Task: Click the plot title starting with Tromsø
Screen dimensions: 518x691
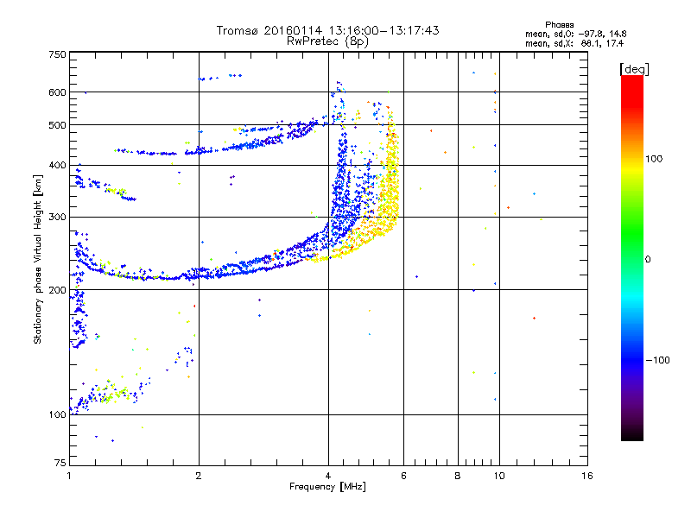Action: (328, 30)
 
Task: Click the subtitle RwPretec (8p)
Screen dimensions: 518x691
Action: (328, 41)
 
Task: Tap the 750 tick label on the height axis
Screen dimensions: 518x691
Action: (58, 54)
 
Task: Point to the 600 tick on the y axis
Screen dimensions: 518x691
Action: (58, 92)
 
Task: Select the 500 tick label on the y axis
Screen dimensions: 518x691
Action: (58, 125)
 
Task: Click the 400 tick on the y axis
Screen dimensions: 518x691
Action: (58, 165)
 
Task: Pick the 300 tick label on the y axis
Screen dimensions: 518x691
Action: (58, 217)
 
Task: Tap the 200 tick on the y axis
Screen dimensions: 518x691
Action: (58, 290)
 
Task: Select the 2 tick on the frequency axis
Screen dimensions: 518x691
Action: (199, 476)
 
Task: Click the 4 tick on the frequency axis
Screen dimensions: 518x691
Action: (328, 476)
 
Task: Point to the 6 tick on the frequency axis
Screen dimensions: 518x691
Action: (403, 476)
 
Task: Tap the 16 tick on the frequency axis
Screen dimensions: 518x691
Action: (586, 476)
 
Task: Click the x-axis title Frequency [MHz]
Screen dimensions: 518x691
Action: (328, 488)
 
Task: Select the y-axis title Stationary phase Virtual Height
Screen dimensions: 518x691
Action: (38, 259)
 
